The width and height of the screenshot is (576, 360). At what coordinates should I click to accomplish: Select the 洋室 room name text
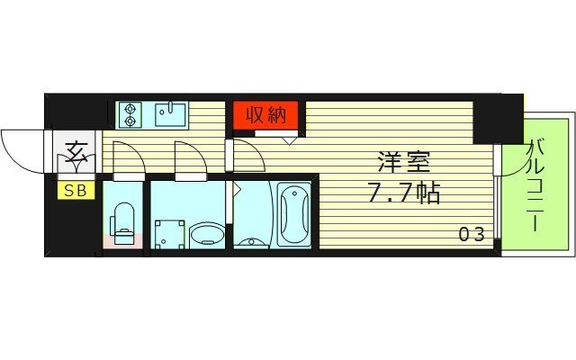point(403,164)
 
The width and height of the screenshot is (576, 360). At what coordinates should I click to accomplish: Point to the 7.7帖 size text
point(403,192)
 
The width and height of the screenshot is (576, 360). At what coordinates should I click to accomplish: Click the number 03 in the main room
point(472,235)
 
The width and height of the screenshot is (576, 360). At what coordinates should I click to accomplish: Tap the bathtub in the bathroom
point(293,214)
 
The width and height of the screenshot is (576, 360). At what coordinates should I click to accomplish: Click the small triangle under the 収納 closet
point(290,138)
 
